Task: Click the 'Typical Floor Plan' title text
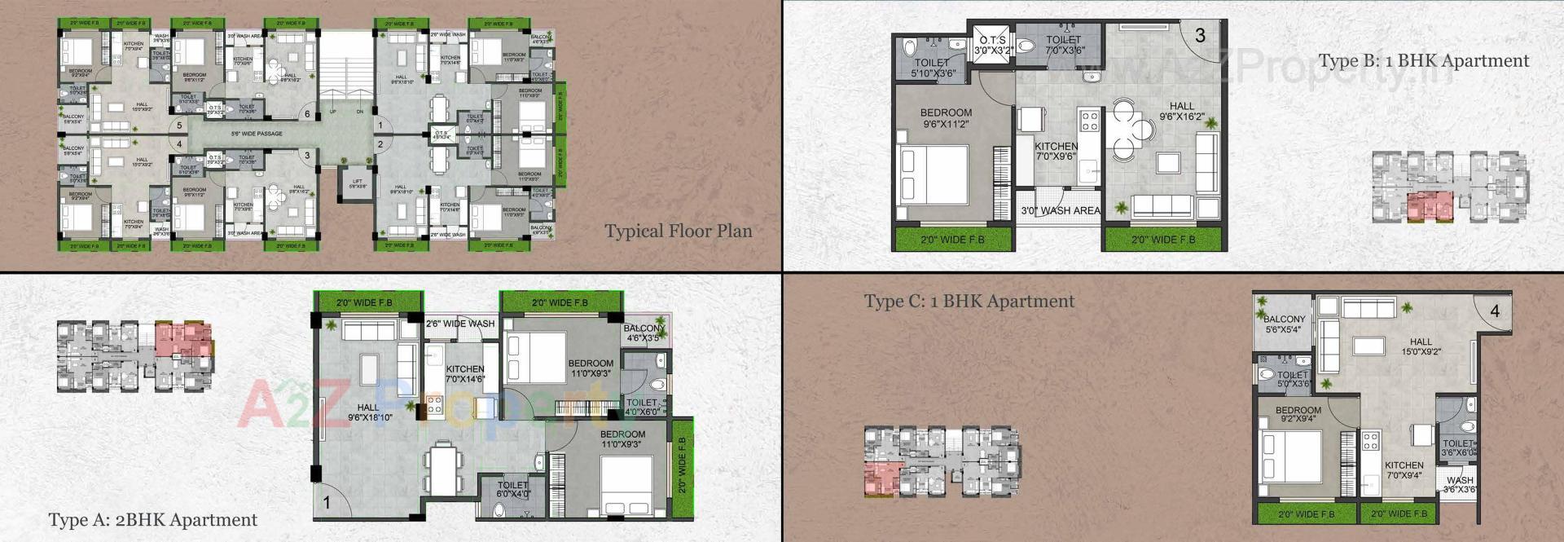678,231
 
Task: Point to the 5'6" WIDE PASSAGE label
257,134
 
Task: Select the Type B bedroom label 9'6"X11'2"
946,118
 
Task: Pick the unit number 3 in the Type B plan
1200,35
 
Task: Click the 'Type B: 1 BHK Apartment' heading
1423,61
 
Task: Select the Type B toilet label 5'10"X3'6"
932,68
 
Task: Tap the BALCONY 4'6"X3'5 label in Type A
644,333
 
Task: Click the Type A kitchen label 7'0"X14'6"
465,374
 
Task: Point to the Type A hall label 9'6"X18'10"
369,412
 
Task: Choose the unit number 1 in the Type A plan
327,503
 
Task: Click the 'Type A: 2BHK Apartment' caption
152,520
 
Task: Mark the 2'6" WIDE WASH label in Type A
460,324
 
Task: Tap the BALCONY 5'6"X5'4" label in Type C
1284,324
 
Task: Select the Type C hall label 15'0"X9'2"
1421,347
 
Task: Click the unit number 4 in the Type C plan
1495,311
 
